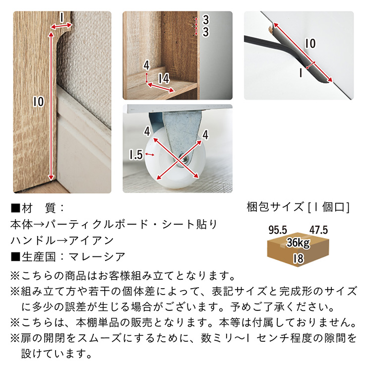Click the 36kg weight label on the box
tap(298, 243)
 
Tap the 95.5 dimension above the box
tap(278, 230)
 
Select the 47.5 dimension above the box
tap(318, 230)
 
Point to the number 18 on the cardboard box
tap(299, 258)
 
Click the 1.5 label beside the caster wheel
tap(136, 155)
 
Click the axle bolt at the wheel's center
tap(184, 159)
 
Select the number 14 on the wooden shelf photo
tap(164, 79)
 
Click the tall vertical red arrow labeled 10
tap(51, 106)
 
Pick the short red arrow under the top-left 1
tap(61, 26)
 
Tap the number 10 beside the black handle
tap(310, 44)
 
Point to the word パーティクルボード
tap(97, 225)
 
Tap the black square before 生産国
tap(15, 257)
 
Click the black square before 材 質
tap(15, 208)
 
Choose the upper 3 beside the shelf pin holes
tap(205, 20)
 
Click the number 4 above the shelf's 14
tap(146, 65)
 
